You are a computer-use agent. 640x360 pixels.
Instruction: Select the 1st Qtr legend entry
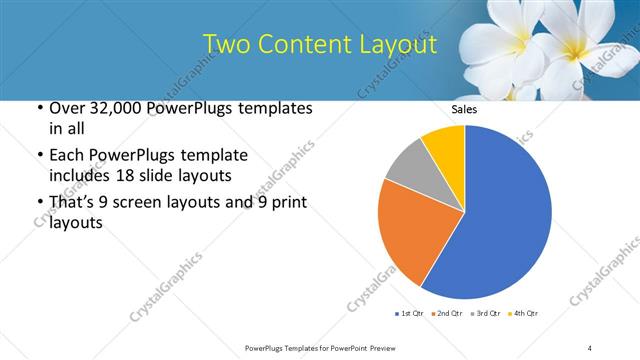[409, 314]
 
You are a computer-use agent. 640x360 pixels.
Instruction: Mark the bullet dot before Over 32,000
[39, 108]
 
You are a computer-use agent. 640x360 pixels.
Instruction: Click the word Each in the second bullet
[69, 156]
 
